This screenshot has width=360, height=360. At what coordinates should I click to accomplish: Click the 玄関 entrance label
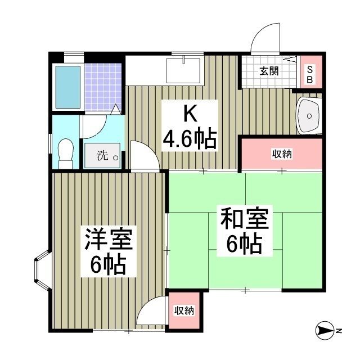click(x=269, y=71)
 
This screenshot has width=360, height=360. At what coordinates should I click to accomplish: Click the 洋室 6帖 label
click(x=109, y=251)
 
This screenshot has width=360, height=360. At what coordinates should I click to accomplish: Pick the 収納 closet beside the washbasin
click(x=282, y=154)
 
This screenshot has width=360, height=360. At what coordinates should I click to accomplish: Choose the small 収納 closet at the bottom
click(x=184, y=309)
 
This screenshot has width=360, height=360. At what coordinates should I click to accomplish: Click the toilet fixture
click(x=65, y=152)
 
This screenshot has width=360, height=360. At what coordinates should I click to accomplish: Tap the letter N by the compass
click(x=339, y=331)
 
